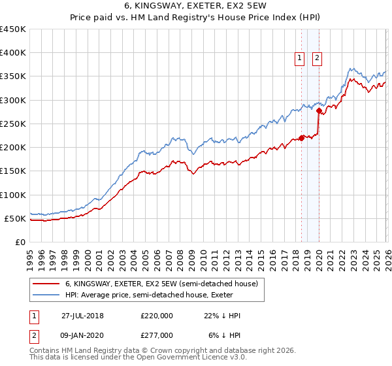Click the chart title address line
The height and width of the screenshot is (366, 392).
coord(196,7)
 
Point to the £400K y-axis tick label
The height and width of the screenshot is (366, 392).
coord(13,53)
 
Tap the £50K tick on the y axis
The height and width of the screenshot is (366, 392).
coord(16,219)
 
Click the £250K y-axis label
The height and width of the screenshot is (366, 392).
coord(13,124)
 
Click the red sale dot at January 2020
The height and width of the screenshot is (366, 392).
coord(318,111)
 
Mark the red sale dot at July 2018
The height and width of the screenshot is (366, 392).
coord(301,138)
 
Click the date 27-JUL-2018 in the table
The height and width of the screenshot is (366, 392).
coord(82,316)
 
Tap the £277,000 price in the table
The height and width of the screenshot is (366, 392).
coord(156,335)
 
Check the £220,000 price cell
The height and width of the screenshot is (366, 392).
coord(156,316)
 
